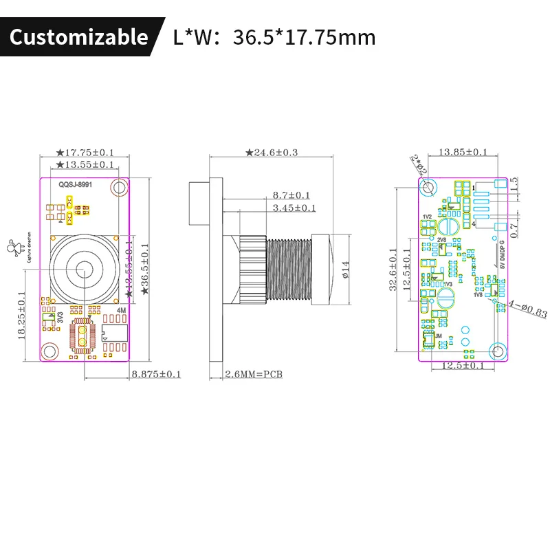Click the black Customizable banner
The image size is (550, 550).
[x=79, y=36]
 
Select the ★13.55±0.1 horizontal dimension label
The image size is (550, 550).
[x=85, y=165]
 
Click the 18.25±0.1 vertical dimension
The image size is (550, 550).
[x=22, y=315]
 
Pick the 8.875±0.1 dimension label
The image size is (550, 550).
[x=156, y=374]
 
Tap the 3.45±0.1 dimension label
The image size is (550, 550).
[x=294, y=208]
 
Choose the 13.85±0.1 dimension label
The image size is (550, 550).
[x=463, y=152]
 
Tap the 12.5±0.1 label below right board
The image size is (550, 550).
[x=463, y=366]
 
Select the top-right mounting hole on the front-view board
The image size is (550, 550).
[x=120, y=188]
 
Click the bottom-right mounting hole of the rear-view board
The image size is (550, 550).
[x=496, y=351]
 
